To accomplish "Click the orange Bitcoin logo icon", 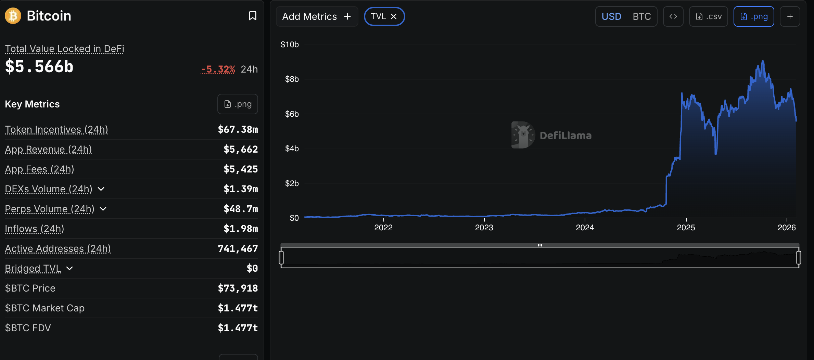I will click(x=13, y=16).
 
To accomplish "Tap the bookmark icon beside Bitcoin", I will click(x=252, y=16).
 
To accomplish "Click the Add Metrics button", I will click(x=317, y=16).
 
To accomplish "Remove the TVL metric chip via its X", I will click(x=394, y=16).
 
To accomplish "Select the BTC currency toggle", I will click(x=641, y=16).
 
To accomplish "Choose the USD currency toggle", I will click(x=611, y=16).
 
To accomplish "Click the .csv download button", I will click(x=709, y=16).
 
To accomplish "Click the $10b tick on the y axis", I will click(x=290, y=44).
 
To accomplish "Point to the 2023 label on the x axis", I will click(x=484, y=228).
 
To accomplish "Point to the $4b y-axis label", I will click(x=292, y=149).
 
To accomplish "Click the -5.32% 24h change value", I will click(x=218, y=69).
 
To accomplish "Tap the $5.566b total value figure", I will click(x=39, y=66).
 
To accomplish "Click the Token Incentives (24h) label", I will click(x=56, y=129).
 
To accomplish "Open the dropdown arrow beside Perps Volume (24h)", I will click(x=103, y=209).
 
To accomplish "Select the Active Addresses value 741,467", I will click(x=238, y=248).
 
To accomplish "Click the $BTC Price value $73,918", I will click(x=238, y=288).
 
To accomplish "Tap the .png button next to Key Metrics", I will click(x=238, y=104).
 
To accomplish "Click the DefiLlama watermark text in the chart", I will click(x=565, y=136).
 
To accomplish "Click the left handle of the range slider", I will click(x=281, y=258).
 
